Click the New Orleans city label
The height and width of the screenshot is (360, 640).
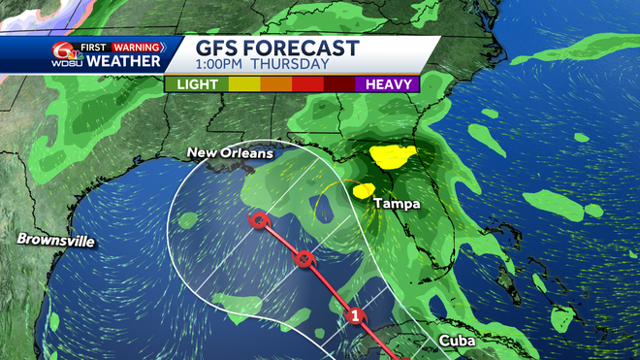pyautogui.click(x=230, y=153)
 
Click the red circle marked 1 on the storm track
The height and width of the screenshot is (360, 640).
pyautogui.click(x=356, y=315)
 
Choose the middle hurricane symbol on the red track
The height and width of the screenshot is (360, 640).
pyautogui.click(x=304, y=258)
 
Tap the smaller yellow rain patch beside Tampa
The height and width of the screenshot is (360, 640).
pyautogui.click(x=366, y=190)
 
